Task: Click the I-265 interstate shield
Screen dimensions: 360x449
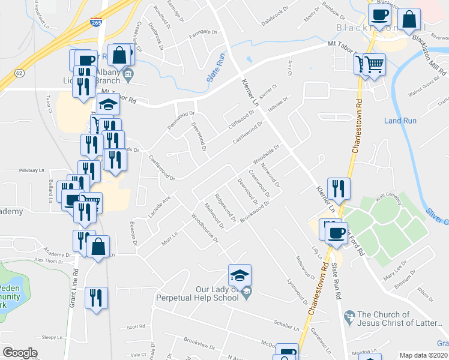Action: click(x=96, y=22)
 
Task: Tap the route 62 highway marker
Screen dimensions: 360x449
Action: click(x=20, y=73)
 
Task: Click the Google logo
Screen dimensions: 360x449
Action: click(x=19, y=353)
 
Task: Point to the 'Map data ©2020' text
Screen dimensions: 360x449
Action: click(x=423, y=355)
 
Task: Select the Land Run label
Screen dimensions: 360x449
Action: click(x=400, y=121)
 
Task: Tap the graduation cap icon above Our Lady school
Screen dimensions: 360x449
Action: click(x=240, y=275)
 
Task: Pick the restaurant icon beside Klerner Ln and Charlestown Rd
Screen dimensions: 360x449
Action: click(x=339, y=188)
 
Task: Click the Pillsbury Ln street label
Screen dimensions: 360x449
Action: click(x=32, y=170)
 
